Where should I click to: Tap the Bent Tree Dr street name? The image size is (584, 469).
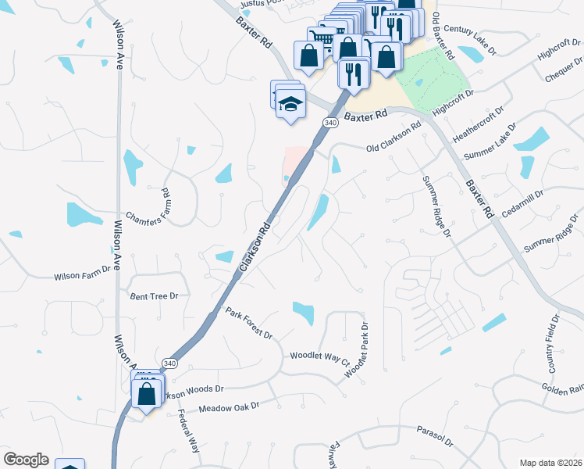pyautogui.click(x=154, y=296)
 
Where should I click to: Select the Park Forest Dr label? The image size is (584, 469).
pyautogui.click(x=249, y=324)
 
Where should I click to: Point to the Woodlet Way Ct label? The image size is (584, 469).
pyautogui.click(x=319, y=357)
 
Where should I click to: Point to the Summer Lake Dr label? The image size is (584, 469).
pyautogui.click(x=490, y=141)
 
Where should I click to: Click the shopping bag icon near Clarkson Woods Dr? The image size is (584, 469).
pyautogui.click(x=148, y=393)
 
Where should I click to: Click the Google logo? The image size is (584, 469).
pyautogui.click(x=26, y=460)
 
